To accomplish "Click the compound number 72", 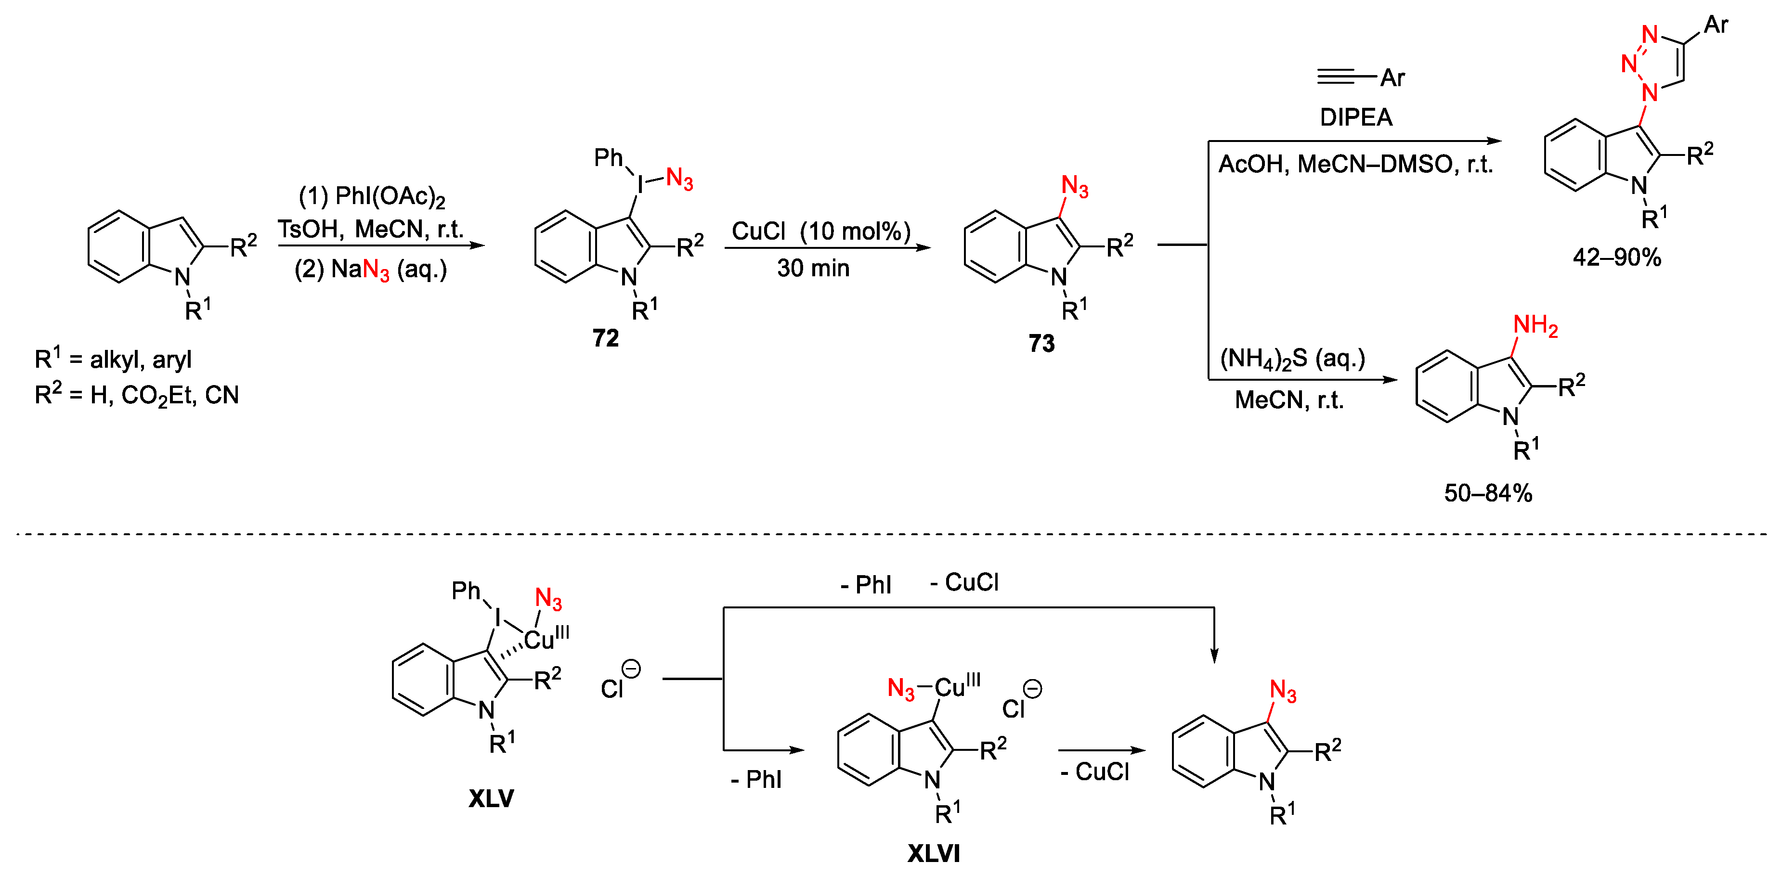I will [605, 338].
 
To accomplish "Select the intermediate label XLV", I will [491, 798].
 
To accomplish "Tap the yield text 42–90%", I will [1617, 257].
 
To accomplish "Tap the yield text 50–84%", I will [1488, 493].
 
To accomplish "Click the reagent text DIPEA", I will [1356, 117].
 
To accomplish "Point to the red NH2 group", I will [1535, 324].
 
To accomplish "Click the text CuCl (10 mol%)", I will [821, 231].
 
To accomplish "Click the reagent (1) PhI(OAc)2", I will [372, 196].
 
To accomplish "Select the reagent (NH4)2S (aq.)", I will [1292, 358].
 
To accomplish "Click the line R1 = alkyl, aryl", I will [113, 359].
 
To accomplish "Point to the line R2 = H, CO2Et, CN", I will [136, 395].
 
